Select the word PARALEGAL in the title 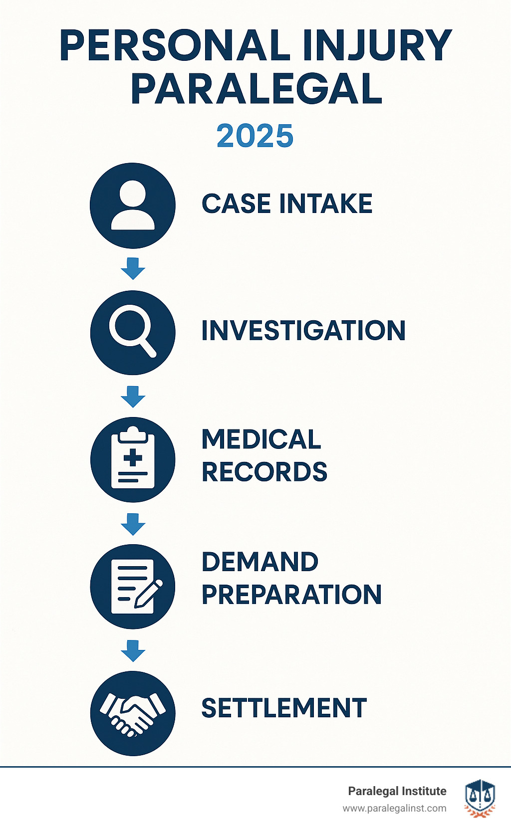(x=256, y=89)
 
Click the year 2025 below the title (x=255, y=136)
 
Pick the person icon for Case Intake (x=133, y=206)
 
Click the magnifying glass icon (x=133, y=332)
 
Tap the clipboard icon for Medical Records (x=133, y=459)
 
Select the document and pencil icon (x=133, y=586)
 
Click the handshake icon (x=133, y=713)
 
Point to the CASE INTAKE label (x=287, y=204)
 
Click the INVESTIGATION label (x=303, y=331)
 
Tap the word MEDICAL (x=261, y=439)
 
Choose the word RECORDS (x=264, y=472)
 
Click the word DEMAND (x=260, y=562)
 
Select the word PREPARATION (x=291, y=595)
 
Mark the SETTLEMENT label (x=284, y=708)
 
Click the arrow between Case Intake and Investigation (x=133, y=269)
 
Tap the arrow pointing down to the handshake (x=133, y=650)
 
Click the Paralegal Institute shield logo (x=480, y=799)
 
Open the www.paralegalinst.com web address (x=394, y=809)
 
